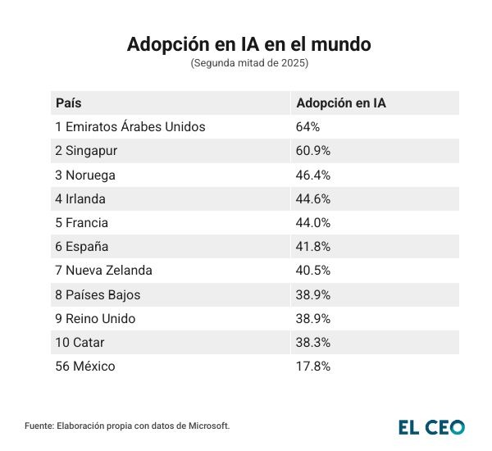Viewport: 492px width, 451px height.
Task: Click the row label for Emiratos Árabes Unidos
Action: click(130, 127)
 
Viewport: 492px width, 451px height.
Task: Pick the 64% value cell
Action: click(307, 127)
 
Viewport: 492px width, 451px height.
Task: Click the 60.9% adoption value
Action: click(313, 151)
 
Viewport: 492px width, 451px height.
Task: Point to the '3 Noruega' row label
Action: click(85, 175)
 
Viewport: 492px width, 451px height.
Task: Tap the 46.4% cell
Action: click(313, 175)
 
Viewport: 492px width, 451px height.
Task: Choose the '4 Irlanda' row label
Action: click(80, 198)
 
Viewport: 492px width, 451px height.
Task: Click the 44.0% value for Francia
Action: click(313, 223)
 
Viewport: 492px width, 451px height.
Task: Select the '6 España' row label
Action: click(82, 247)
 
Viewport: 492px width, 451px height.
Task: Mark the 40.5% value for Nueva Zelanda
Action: click(313, 271)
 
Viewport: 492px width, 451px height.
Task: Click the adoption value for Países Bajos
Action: click(313, 294)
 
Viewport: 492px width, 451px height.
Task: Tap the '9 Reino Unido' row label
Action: click(95, 318)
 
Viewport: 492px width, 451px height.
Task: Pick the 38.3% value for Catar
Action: click(313, 343)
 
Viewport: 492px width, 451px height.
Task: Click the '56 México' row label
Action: click(85, 367)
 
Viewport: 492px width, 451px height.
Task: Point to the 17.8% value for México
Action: click(313, 367)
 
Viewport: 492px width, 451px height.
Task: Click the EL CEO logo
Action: click(431, 426)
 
